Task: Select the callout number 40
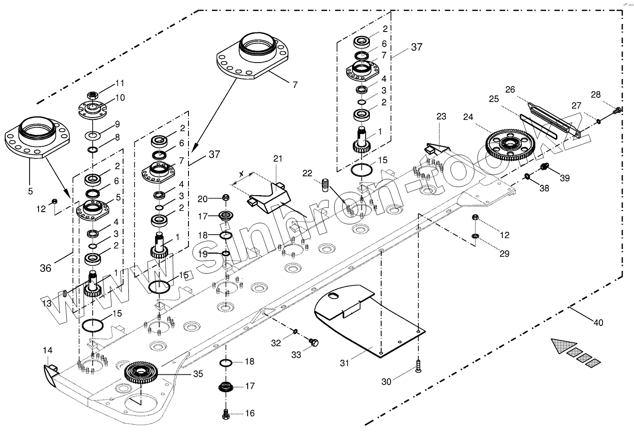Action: [x=598, y=322]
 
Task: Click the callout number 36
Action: [x=46, y=268]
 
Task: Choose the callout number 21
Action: [x=278, y=158]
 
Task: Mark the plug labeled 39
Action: [x=545, y=166]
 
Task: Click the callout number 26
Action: [x=510, y=89]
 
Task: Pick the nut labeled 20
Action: [x=225, y=198]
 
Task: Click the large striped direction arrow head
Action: [x=563, y=346]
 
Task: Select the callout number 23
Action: [x=441, y=116]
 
